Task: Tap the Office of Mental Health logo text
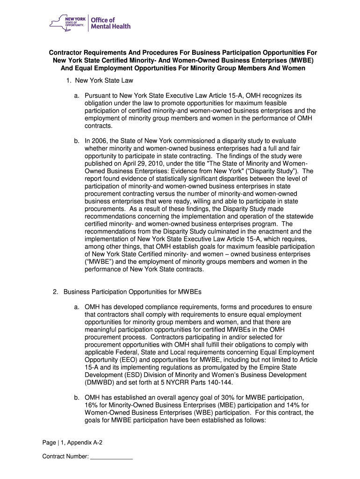pos(110,23)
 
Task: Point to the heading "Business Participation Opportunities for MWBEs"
pos(132,292)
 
